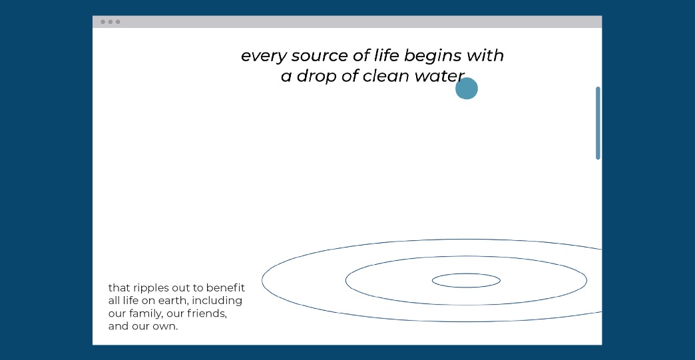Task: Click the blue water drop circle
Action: pos(467,88)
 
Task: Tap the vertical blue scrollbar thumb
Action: pos(598,123)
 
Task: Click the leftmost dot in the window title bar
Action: pos(103,22)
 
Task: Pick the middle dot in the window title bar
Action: pos(111,22)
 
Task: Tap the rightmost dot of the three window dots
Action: pos(118,22)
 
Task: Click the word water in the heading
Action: pos(439,77)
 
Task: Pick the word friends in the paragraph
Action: pos(207,313)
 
